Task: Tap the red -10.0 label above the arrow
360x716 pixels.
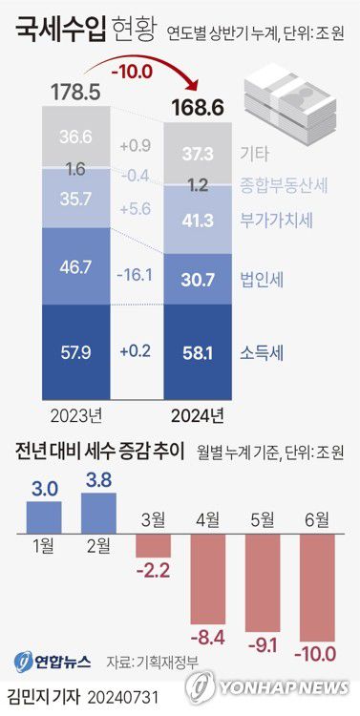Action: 133,72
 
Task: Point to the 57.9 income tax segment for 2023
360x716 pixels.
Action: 74,352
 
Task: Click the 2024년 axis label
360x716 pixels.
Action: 198,415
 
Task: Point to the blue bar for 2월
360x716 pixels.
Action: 99,513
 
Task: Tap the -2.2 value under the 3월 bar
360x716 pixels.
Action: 154,571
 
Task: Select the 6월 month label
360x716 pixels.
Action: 316,520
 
